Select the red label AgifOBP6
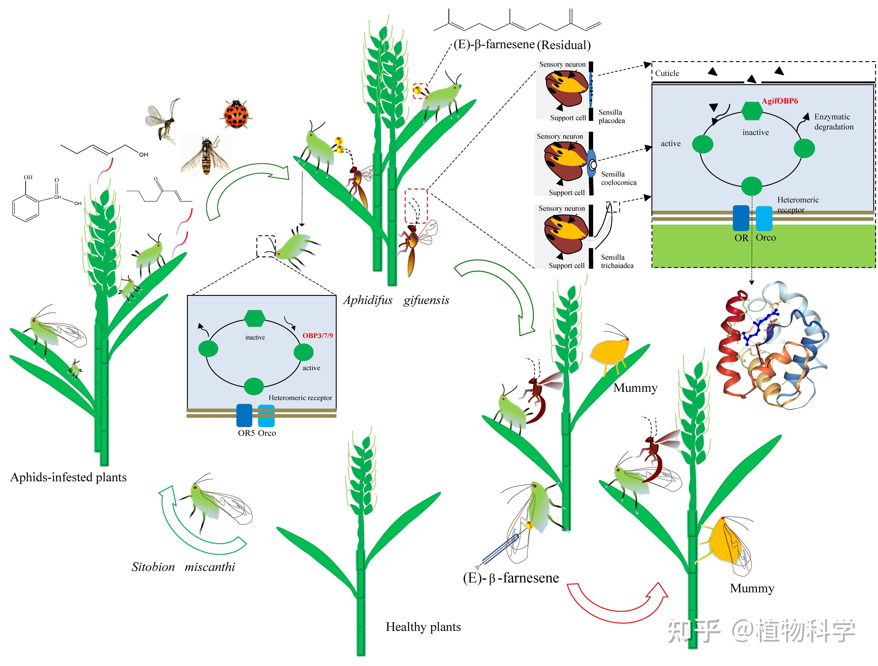pos(780,101)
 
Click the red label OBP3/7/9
pos(318,336)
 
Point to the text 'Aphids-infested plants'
pos(68,477)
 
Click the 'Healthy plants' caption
pos(423,627)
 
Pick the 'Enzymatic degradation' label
pos(834,122)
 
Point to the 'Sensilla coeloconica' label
pos(618,178)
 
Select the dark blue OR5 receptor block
pos(244,415)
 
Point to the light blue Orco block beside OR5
pos(266,415)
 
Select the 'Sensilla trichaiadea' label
pos(617,261)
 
